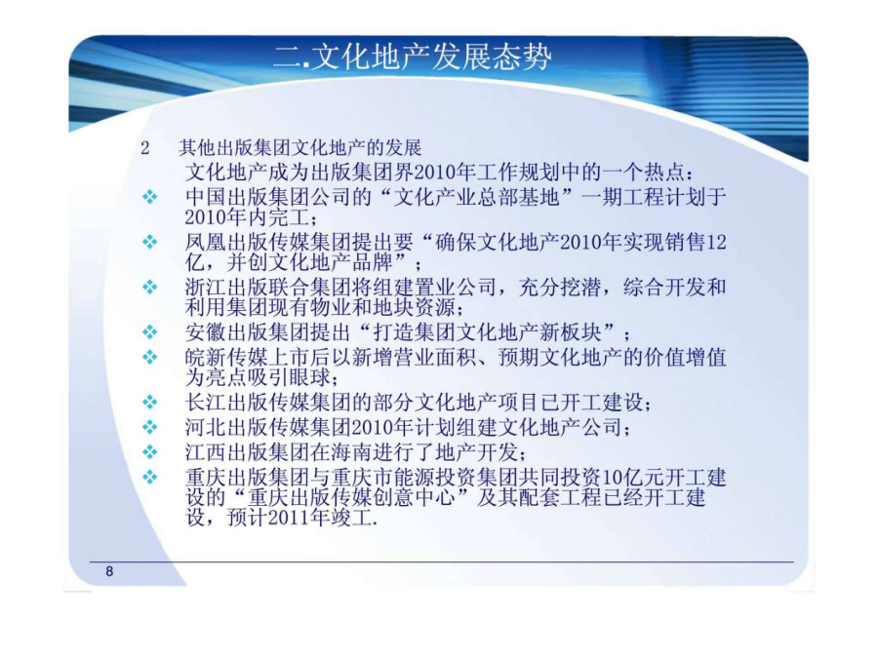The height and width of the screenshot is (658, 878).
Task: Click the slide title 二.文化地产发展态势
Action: point(412,57)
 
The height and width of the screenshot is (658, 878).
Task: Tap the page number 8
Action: point(109,571)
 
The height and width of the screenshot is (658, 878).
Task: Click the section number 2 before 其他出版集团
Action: point(145,148)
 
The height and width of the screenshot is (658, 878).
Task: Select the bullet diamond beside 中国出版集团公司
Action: point(149,197)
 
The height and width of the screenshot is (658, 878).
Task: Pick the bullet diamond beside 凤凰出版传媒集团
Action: point(149,242)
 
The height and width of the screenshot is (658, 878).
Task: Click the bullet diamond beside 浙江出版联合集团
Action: point(149,287)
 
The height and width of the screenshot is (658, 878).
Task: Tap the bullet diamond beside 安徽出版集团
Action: point(149,332)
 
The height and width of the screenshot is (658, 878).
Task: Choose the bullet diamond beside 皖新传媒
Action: point(149,357)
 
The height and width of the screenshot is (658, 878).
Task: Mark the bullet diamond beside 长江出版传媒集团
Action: point(149,403)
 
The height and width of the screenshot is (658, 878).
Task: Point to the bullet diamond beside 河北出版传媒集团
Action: point(149,428)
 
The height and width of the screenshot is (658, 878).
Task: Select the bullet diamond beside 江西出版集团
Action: point(149,451)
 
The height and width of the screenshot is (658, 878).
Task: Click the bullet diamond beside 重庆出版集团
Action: point(149,478)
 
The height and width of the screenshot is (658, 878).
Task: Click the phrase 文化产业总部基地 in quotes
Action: point(476,197)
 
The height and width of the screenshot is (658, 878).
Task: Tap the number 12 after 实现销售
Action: point(716,243)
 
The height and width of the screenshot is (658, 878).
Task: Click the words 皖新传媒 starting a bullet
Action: point(226,357)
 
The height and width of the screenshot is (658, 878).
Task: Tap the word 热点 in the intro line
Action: point(664,172)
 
